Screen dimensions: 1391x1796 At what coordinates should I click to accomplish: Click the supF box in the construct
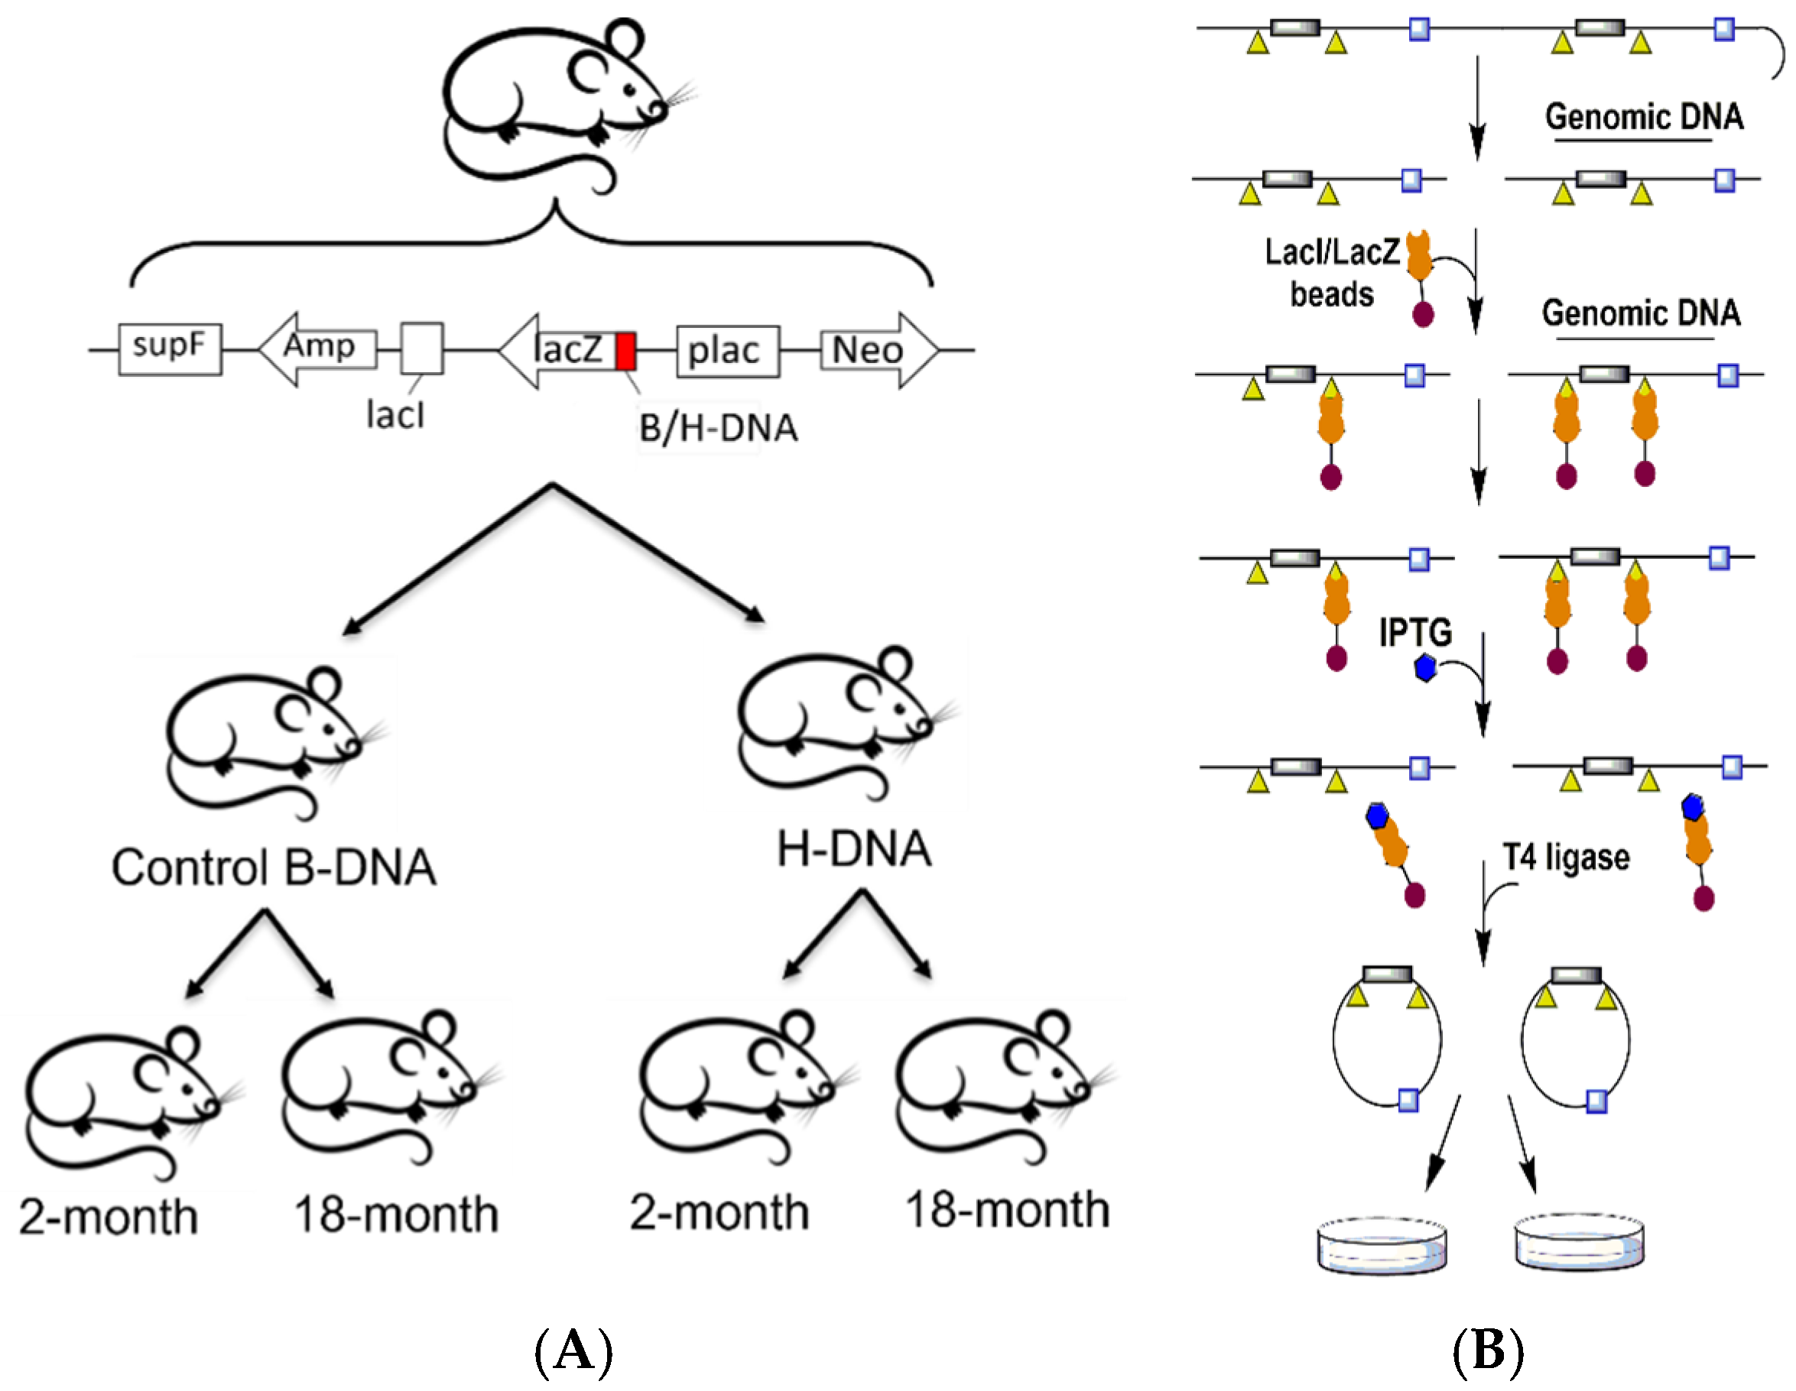coord(170,349)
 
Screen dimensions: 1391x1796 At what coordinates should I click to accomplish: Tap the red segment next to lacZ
coord(625,351)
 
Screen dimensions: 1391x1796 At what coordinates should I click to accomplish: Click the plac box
coord(727,351)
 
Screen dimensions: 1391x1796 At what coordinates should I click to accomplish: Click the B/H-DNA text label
coord(718,428)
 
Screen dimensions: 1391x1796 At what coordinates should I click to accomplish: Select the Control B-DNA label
coord(274,868)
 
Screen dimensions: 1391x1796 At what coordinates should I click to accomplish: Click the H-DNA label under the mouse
coord(854,849)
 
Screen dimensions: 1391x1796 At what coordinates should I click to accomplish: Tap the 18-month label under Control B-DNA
coord(396,1214)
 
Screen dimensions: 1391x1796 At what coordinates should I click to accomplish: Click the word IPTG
coord(1415,632)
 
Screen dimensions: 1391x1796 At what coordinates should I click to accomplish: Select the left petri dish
coord(1382,1245)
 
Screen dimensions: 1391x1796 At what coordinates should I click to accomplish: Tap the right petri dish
coord(1579,1241)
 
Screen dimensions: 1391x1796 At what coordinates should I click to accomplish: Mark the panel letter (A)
coord(573,1350)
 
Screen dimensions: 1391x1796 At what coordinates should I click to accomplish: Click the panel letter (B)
coord(1488,1350)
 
